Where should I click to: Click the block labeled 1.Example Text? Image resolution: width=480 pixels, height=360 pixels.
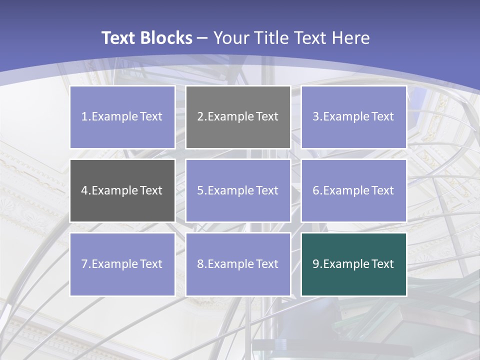click(122, 117)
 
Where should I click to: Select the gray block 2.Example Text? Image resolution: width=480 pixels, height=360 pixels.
click(238, 117)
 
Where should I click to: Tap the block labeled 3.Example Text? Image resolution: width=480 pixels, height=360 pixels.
click(353, 117)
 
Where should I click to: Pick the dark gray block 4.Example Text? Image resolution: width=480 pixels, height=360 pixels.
click(122, 190)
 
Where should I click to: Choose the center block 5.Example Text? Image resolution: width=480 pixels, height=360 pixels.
click(238, 190)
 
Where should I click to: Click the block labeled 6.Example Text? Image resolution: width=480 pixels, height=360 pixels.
click(353, 190)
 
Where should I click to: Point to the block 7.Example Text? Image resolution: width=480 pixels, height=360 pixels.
click(122, 264)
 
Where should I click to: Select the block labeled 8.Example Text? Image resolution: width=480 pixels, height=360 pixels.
click(238, 264)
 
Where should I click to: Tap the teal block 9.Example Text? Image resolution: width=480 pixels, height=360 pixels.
click(353, 264)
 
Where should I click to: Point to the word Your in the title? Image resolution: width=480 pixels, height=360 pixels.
click(230, 38)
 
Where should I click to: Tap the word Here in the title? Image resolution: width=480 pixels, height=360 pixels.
click(351, 38)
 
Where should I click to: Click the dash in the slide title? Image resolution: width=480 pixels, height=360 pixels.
click(202, 38)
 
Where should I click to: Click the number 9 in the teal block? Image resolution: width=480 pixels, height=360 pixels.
click(316, 264)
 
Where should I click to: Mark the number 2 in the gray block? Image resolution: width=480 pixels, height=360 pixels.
click(200, 117)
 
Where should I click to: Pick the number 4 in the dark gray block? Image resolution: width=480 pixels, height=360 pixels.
click(84, 190)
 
